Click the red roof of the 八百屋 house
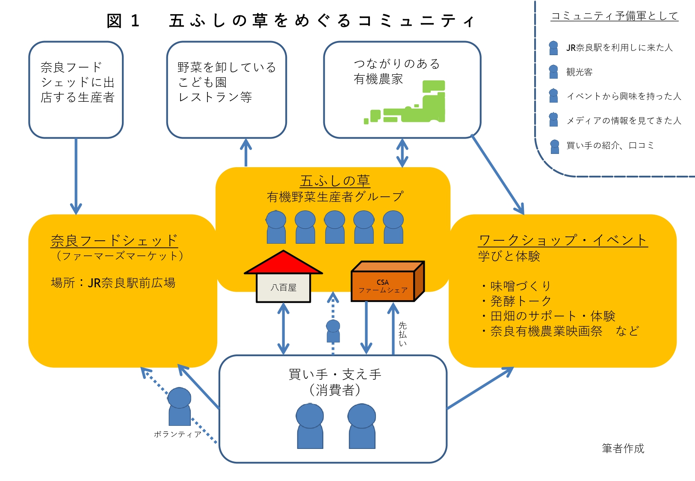[283, 264]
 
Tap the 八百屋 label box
[283, 288]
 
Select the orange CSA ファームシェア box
[384, 286]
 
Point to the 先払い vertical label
[402, 334]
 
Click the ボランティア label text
[177, 434]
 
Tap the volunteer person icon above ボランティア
[179, 406]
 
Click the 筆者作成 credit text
[623, 449]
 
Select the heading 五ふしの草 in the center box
[335, 181]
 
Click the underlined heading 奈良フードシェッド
[114, 240]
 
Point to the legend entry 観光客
[579, 72]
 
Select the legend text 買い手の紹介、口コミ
[610, 145]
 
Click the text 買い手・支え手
[334, 375]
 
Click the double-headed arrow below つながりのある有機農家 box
[402, 153]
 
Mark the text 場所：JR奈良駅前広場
[113, 283]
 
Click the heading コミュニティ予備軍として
[614, 16]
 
